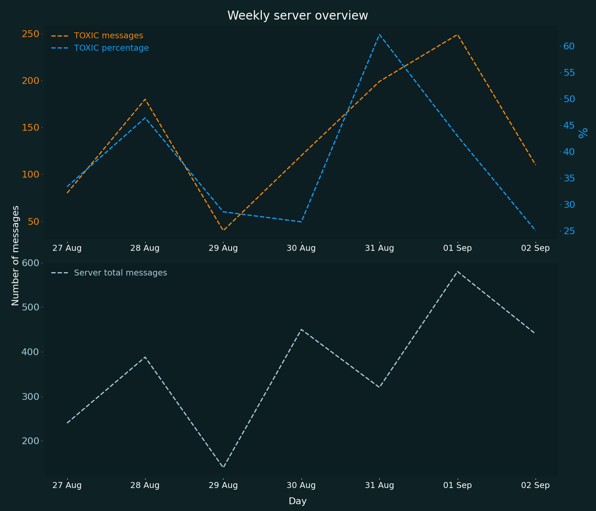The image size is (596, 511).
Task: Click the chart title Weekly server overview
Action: [x=298, y=16]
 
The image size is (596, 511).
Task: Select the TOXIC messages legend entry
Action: [x=108, y=36]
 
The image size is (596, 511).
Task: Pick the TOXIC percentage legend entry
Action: [x=111, y=48]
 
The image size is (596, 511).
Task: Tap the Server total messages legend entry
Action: [x=120, y=273]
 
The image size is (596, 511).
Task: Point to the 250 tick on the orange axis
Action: [x=30, y=34]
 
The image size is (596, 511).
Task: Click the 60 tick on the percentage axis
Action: [x=569, y=46]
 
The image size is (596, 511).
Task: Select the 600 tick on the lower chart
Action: [x=30, y=263]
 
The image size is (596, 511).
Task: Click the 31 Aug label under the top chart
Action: [x=379, y=248]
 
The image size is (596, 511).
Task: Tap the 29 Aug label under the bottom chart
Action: [x=223, y=485]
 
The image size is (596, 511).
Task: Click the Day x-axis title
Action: [x=298, y=501]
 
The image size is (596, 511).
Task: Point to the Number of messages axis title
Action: [x=16, y=255]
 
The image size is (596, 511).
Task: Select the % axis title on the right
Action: [x=583, y=133]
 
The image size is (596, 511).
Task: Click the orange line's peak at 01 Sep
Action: [x=458, y=34]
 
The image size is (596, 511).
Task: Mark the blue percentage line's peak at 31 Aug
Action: [x=379, y=34]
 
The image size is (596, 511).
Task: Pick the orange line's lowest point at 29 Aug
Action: [x=223, y=230]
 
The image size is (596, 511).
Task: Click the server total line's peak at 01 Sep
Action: [x=458, y=271]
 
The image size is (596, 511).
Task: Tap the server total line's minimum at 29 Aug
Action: [x=223, y=468]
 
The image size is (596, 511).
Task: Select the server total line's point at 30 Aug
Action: [x=301, y=329]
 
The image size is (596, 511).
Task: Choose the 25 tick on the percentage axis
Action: [x=569, y=231]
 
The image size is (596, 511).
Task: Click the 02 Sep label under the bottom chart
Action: [x=536, y=485]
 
